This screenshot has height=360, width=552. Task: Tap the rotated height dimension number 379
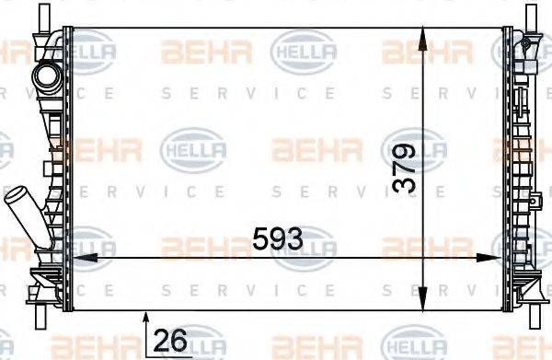click(x=403, y=168)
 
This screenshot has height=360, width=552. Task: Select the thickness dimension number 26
click(x=169, y=340)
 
